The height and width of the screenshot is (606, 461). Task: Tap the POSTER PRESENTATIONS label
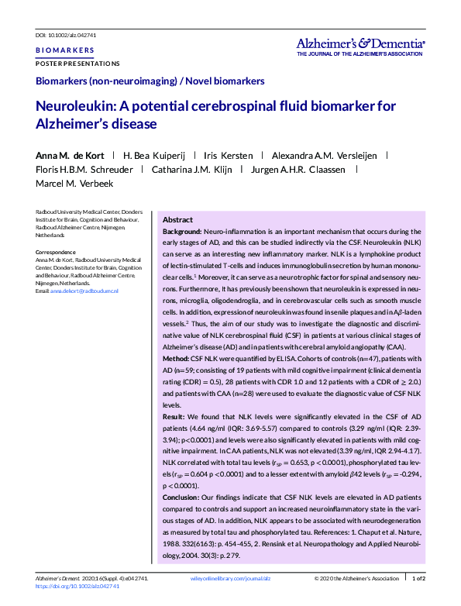click(x=77, y=64)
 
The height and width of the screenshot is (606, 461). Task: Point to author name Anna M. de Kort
click(x=70, y=155)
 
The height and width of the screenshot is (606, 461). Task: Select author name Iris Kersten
click(x=229, y=155)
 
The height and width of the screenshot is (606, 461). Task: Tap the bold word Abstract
click(x=177, y=220)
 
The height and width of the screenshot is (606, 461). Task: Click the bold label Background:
click(x=182, y=231)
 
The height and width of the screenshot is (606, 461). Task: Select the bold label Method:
click(x=178, y=361)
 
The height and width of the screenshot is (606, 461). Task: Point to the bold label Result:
click(x=177, y=416)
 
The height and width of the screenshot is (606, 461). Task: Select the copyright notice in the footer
click(x=354, y=578)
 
